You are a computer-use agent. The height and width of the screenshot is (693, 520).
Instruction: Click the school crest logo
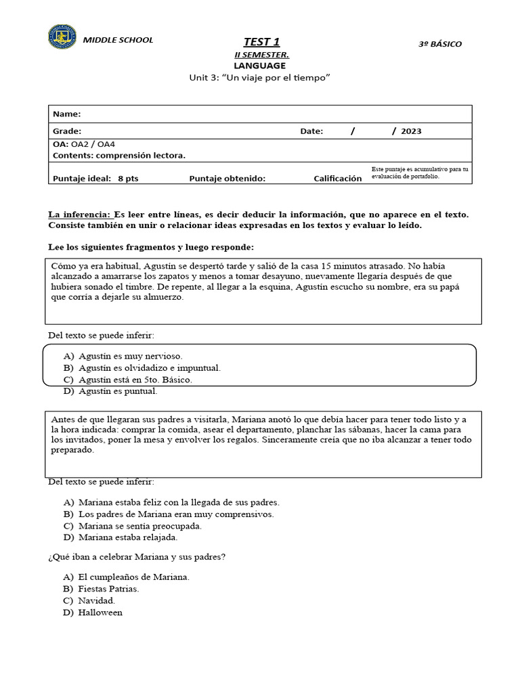[x=62, y=37]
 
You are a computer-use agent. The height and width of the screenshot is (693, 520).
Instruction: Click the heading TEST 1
[x=261, y=42]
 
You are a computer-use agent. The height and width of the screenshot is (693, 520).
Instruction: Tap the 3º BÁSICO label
[x=440, y=44]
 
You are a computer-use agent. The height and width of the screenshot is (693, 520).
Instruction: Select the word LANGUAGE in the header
[x=259, y=66]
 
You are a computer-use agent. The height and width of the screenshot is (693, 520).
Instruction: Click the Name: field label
[x=66, y=114]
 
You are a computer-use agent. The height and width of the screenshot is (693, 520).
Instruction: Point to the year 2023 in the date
[x=411, y=131]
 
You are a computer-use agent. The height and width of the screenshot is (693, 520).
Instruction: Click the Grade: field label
[x=67, y=131]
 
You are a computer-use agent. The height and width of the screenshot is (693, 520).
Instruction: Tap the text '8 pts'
[x=128, y=179]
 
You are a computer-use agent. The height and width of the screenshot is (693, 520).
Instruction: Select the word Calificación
[x=338, y=179]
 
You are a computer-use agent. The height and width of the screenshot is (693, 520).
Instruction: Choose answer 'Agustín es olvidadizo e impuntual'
[x=149, y=367]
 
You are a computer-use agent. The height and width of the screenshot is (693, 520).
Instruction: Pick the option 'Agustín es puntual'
[x=118, y=391]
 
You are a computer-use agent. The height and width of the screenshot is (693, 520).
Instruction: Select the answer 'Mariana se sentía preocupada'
[x=140, y=526]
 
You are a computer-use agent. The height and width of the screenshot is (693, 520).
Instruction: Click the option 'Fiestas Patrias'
[x=108, y=589]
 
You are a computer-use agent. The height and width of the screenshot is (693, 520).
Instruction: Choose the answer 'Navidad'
[x=97, y=600]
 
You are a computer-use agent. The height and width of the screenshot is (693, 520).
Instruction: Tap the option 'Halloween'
[x=100, y=612]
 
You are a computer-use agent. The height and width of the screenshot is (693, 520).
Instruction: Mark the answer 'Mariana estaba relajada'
[x=127, y=537]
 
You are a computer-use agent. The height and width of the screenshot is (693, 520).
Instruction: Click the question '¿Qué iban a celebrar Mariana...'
[x=137, y=557]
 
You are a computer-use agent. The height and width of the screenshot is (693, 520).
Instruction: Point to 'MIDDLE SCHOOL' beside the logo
[x=118, y=40]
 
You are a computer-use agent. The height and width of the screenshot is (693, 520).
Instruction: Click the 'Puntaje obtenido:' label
[x=227, y=179]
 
